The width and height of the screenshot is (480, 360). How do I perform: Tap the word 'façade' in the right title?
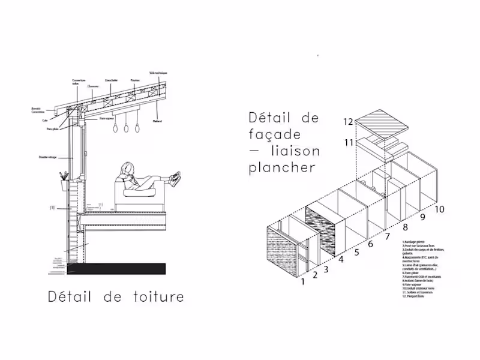[x=275, y=134]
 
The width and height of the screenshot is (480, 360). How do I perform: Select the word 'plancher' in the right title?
[x=282, y=167]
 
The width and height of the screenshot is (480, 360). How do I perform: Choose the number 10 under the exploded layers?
[x=439, y=209]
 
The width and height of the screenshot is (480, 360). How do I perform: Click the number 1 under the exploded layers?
[x=303, y=280]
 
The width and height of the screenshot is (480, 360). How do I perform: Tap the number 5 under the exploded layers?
[x=358, y=253]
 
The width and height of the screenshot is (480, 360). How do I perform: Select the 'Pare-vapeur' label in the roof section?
[x=108, y=119]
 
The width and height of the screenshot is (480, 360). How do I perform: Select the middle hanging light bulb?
[x=127, y=127]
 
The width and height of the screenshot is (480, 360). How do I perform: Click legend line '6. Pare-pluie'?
[x=412, y=272]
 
